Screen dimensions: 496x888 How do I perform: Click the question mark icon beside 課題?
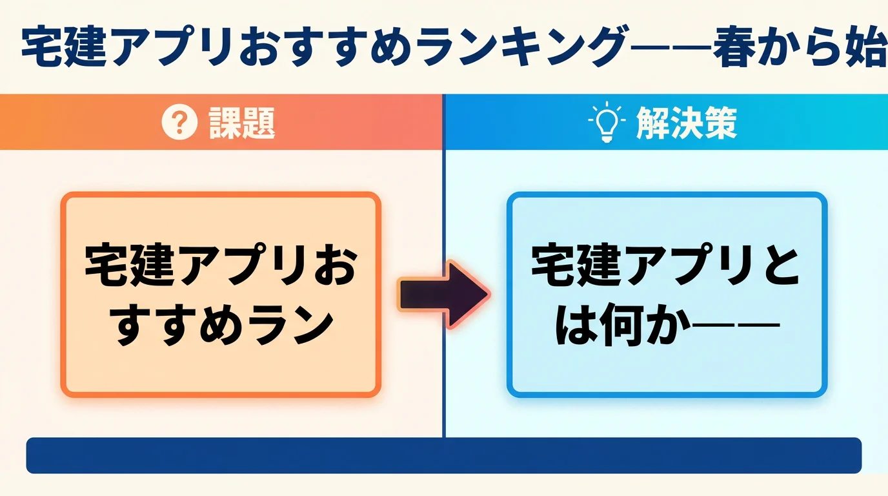pos(179,123)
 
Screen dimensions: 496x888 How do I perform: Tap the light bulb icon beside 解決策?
pos(607,122)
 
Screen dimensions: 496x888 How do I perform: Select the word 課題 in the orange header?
pos(242,123)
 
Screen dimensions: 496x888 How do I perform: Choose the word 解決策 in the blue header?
pos(686,122)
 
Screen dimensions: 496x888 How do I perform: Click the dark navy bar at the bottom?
pos(443,455)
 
